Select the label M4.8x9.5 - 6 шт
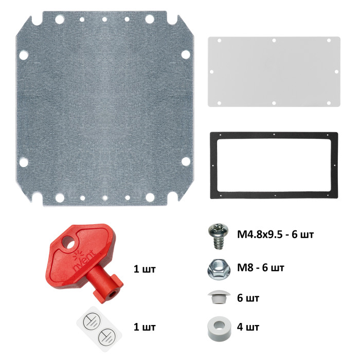point(275,236)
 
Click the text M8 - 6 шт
point(260,268)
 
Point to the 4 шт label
point(248,328)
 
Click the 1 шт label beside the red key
point(144,269)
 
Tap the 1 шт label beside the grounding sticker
point(144,327)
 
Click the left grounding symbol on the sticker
point(88,322)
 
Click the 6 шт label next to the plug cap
point(248,298)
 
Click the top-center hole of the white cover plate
point(274,40)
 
